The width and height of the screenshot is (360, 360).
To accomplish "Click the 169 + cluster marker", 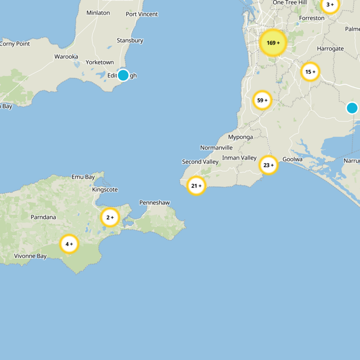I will click(273, 43).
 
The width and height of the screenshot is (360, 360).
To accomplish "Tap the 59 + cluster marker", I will click(262, 100).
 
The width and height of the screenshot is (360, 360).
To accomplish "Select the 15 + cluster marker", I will click(310, 72).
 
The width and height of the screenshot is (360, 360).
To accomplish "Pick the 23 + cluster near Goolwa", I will click(269, 166).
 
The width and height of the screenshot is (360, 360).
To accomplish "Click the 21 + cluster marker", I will click(196, 185).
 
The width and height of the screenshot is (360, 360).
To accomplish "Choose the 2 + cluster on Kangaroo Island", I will click(110, 217).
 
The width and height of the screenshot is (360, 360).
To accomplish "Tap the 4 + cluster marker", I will click(69, 244).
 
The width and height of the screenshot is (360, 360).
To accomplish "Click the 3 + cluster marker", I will click(330, 5).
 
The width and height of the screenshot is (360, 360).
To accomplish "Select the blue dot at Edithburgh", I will click(123, 75).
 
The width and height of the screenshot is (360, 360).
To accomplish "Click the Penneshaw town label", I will click(154, 203).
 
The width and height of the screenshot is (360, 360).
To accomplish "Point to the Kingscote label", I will click(105, 190).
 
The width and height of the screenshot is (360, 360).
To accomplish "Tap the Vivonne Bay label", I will click(30, 256).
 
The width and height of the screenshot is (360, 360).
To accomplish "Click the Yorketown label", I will click(99, 63).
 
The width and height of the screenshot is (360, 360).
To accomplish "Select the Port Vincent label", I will click(142, 14).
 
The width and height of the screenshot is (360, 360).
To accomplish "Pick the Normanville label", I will click(216, 148).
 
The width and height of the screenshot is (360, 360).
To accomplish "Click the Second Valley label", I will click(200, 162).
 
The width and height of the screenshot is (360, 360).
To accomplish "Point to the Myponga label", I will click(240, 137).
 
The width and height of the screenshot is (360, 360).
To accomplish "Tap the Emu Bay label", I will click(83, 177).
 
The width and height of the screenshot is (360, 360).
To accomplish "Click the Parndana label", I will click(43, 217).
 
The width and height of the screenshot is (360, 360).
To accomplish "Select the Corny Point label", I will click(15, 44).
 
